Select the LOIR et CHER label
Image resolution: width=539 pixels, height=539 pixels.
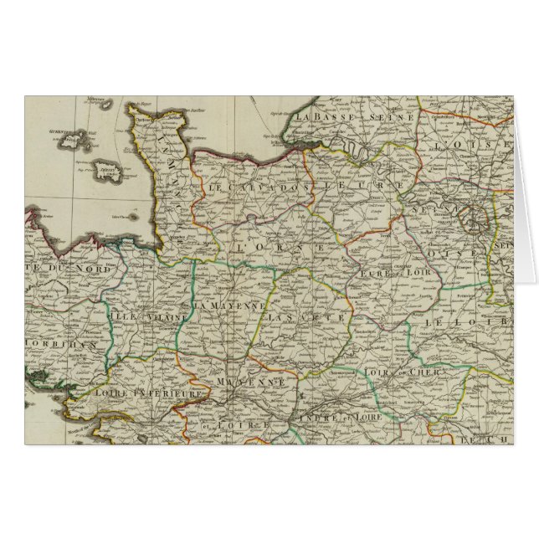(397, 372)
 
